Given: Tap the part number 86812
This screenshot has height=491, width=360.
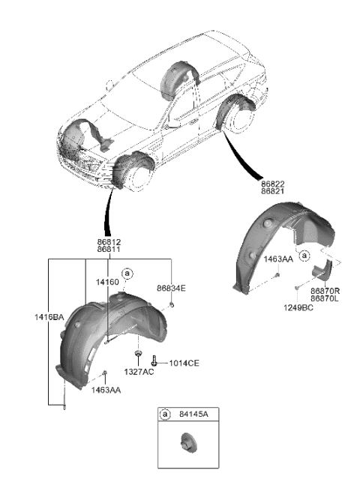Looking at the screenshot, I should coord(109,242).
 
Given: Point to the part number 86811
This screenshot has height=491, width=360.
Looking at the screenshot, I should coord(109,251).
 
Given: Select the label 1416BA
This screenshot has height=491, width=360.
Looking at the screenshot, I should coord(49,318).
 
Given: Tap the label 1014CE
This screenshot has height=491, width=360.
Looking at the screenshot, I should coord(183,363).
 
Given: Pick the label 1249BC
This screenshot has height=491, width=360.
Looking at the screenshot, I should coord(299,307).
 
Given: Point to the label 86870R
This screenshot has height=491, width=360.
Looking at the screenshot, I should coord(326,289).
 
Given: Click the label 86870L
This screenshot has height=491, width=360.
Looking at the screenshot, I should coord(326,298).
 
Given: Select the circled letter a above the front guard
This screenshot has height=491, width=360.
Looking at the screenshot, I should coord(127,274).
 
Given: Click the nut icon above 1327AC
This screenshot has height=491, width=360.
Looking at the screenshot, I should coord(139,352).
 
